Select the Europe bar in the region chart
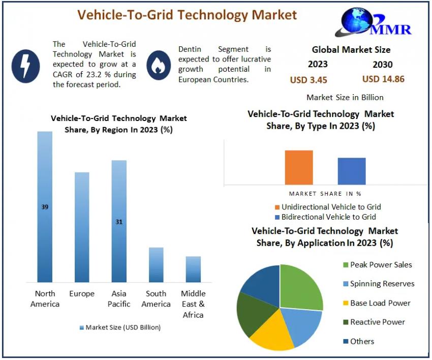pos(82,227)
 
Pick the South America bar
pos(156,264)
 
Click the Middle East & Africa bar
pos(193,269)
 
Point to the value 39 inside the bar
pos(45,207)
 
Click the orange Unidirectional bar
pos(299,167)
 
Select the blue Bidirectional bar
pos(352,171)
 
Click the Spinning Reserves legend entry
pos(378,284)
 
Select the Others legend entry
pos(361,341)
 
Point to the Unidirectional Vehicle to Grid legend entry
pos(330,207)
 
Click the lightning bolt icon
pos(25,66)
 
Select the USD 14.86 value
pos(383,79)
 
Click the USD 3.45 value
pos(308,80)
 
